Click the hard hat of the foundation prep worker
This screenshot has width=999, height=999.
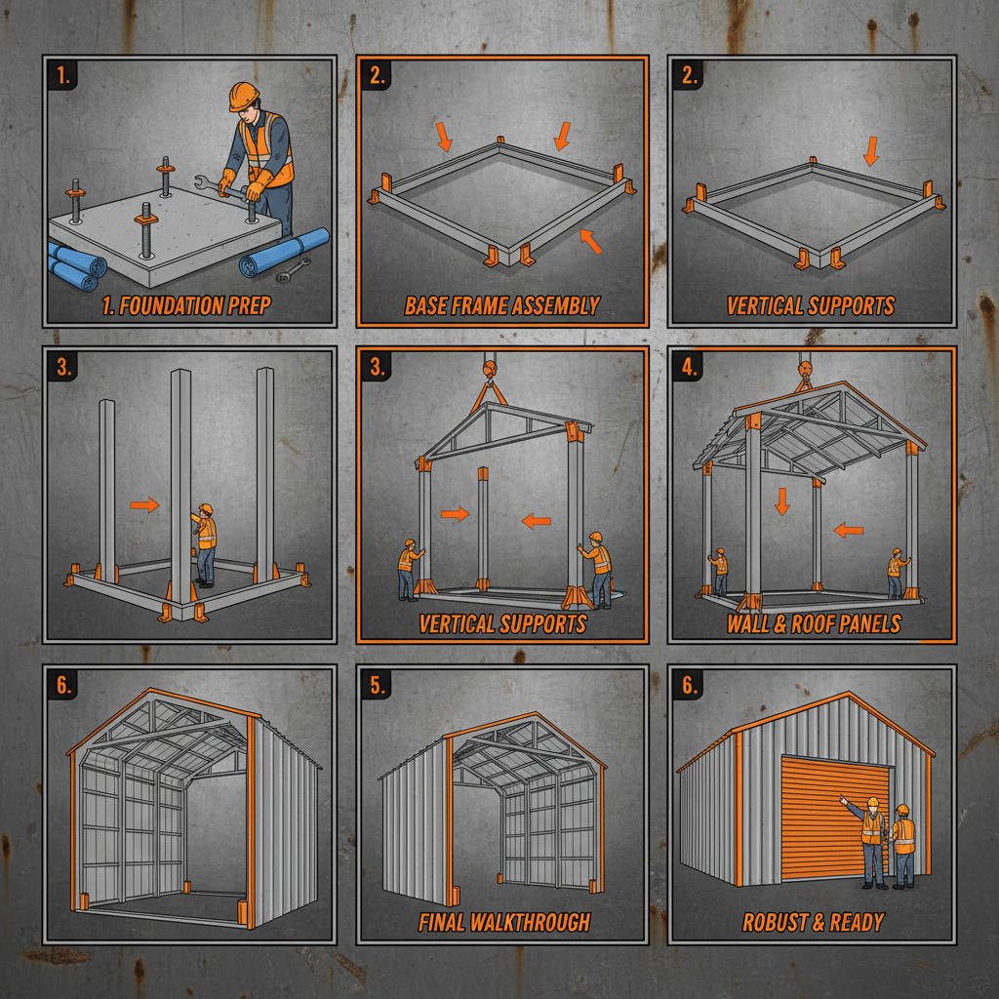coord(243,96)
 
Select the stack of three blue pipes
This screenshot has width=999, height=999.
coord(73,266)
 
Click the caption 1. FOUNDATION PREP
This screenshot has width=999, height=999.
coord(188,306)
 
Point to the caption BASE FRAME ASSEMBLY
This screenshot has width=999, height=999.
coord(501,306)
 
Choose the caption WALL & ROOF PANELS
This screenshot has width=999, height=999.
coord(813,623)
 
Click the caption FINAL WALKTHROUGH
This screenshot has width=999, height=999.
coord(503,921)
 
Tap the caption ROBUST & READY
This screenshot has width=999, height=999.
coord(813,922)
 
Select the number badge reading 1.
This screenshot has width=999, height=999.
coord(62,76)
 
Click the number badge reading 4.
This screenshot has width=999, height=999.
coord(689,368)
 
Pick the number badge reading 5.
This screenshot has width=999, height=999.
coord(377,685)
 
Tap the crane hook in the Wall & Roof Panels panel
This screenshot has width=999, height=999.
coord(806,366)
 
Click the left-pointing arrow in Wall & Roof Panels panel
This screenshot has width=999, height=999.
coord(848,531)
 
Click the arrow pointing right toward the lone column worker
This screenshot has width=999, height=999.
coord(144,504)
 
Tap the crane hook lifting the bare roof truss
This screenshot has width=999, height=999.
coord(490,370)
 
